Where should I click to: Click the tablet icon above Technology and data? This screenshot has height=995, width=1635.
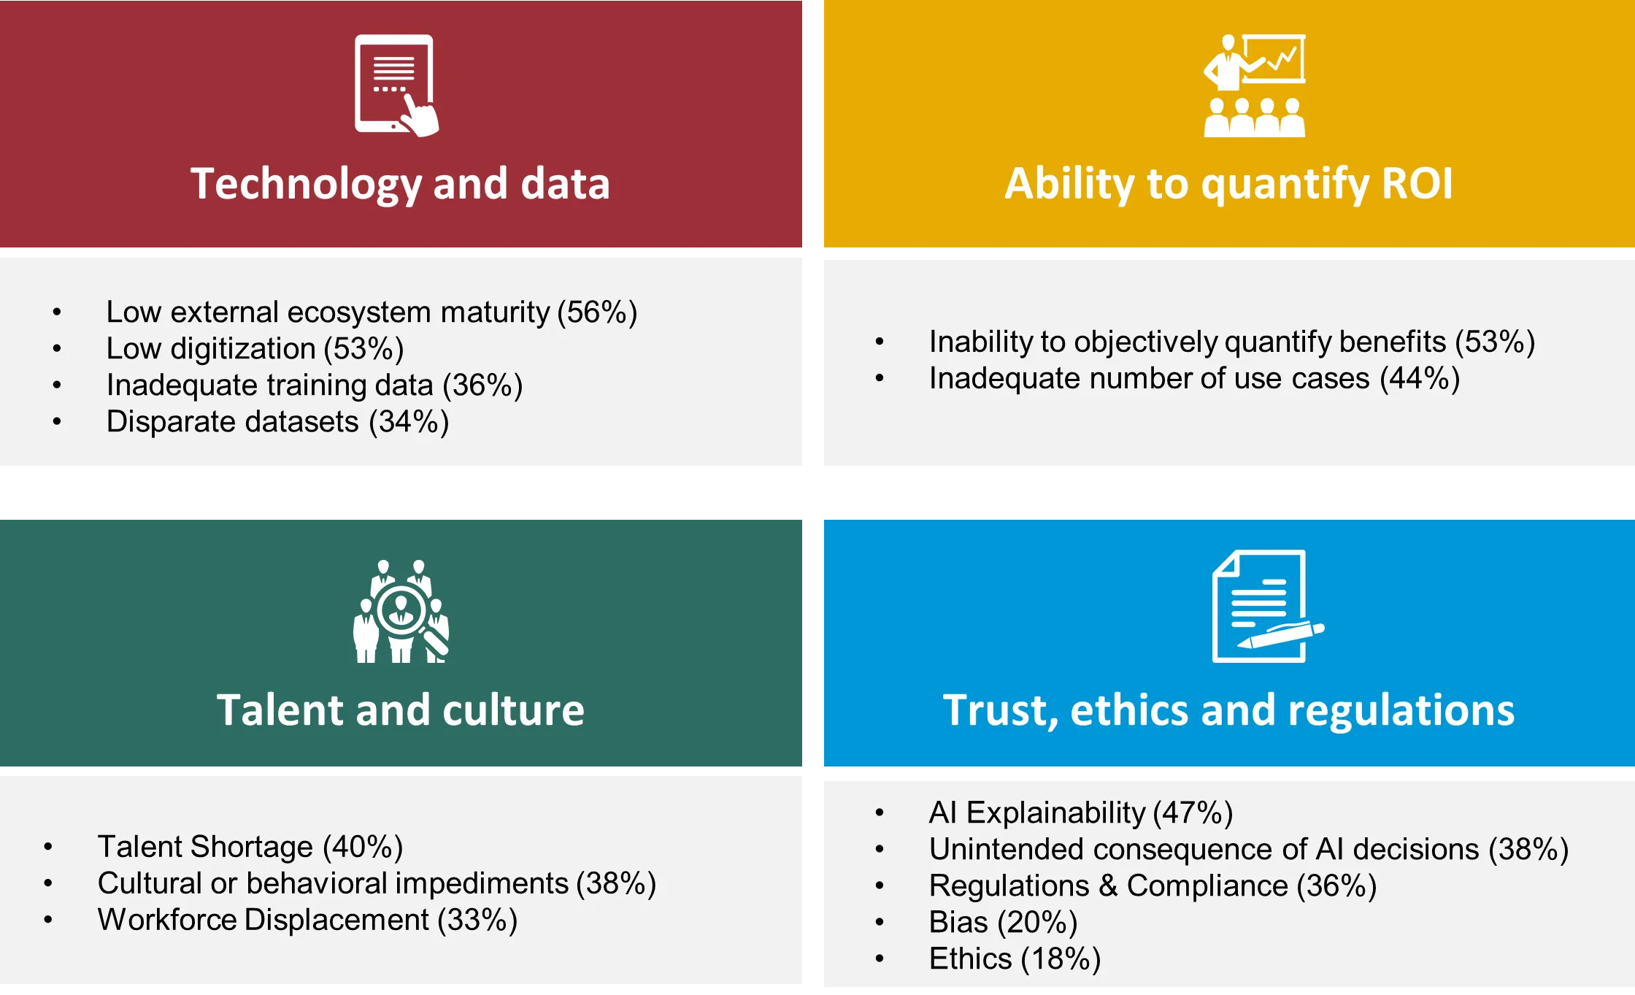pyautogui.click(x=396, y=85)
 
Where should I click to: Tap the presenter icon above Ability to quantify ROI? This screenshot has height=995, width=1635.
pyautogui.click(x=1255, y=85)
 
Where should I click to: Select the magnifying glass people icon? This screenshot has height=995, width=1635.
pyautogui.click(x=401, y=611)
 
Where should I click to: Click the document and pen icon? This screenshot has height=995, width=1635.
pyautogui.click(x=1268, y=606)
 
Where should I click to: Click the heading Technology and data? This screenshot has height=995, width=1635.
pyautogui.click(x=400, y=183)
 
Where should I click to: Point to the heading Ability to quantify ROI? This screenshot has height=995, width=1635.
pyautogui.click(x=1229, y=183)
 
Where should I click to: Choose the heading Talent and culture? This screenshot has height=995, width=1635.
pyautogui.click(x=401, y=710)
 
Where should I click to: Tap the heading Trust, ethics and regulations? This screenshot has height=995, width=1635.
pyautogui.click(x=1229, y=710)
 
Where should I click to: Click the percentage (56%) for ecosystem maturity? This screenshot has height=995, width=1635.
pyautogui.click(x=597, y=312)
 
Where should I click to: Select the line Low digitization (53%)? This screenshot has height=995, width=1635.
pyautogui.click(x=255, y=349)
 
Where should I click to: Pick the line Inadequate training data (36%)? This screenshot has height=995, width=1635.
pyautogui.click(x=315, y=385)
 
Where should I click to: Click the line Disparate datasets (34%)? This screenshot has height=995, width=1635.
pyautogui.click(x=277, y=422)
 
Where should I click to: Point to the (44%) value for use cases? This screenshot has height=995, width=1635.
pyautogui.click(x=1420, y=379)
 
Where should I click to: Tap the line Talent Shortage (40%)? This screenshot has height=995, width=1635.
pyautogui.click(x=250, y=847)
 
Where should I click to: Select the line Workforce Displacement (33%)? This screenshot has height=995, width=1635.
pyautogui.click(x=307, y=920)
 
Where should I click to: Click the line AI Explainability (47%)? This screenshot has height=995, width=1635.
pyautogui.click(x=1081, y=812)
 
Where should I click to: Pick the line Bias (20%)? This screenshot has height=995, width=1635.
pyautogui.click(x=1004, y=922)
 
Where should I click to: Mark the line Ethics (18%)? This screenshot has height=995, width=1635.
pyautogui.click(x=1015, y=958)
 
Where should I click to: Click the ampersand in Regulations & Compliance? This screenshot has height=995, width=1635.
pyautogui.click(x=1108, y=886)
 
